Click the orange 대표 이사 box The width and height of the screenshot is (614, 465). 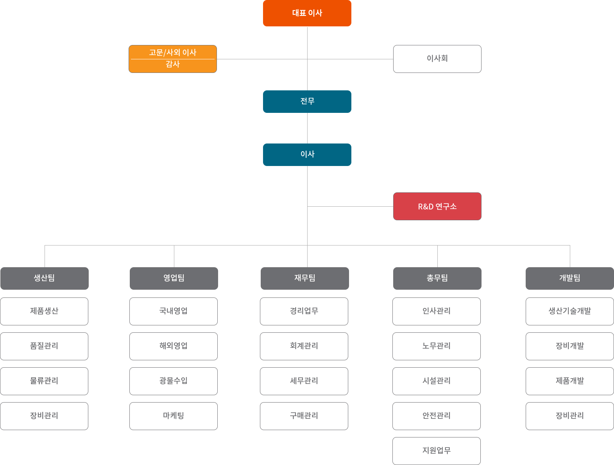[x=307, y=13]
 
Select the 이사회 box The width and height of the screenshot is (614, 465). [x=437, y=59]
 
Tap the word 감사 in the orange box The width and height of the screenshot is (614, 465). [x=173, y=64]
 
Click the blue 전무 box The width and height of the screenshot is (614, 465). [x=307, y=101]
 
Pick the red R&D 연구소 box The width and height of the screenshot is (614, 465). [x=437, y=206]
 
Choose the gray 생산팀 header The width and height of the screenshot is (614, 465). [x=45, y=278]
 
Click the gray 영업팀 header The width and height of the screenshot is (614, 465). [x=174, y=278]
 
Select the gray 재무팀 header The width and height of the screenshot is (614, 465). [x=304, y=278]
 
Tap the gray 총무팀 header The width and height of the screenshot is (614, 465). [x=437, y=278]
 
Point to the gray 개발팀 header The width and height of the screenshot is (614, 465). [x=570, y=278]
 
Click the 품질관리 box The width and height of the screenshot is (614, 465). [x=44, y=346]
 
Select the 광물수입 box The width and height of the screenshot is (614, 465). [x=174, y=381]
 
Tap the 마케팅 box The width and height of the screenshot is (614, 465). [x=174, y=416]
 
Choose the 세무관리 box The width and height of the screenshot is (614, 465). [x=304, y=381]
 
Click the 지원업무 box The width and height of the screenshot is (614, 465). [x=436, y=451]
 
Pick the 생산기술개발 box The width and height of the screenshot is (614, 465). [x=570, y=311]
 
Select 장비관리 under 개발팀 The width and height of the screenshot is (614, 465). [x=570, y=416]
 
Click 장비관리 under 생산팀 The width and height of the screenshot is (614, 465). [x=44, y=416]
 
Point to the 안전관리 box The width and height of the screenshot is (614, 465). [x=436, y=416]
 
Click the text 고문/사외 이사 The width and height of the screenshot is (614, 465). [x=173, y=52]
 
